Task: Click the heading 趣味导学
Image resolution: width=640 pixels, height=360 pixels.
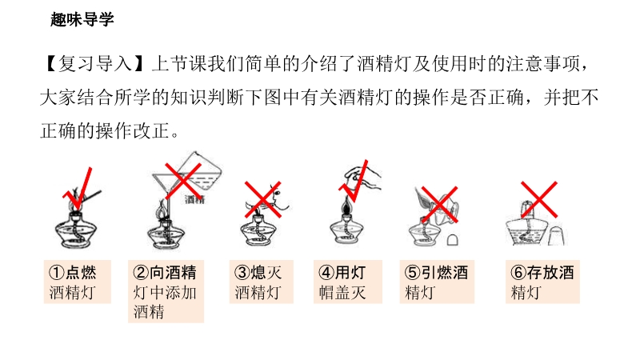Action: click(x=82, y=19)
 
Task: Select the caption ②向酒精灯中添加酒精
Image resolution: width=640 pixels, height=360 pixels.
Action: click(x=165, y=292)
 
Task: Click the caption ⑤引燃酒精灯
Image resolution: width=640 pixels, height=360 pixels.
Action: click(x=436, y=282)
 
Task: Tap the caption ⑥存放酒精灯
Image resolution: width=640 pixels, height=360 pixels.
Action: click(x=542, y=282)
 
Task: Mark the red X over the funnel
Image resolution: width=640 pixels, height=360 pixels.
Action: click(x=183, y=181)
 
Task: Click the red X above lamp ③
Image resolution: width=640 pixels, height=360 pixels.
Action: click(x=263, y=199)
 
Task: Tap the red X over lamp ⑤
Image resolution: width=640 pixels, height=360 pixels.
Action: click(x=439, y=205)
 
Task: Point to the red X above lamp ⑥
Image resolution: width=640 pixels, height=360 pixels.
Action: click(x=539, y=199)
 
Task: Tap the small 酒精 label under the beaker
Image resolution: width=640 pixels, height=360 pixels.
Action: click(x=194, y=199)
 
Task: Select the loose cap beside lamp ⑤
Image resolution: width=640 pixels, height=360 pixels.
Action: click(x=452, y=239)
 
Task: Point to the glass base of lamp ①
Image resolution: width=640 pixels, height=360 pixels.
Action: click(x=76, y=234)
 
